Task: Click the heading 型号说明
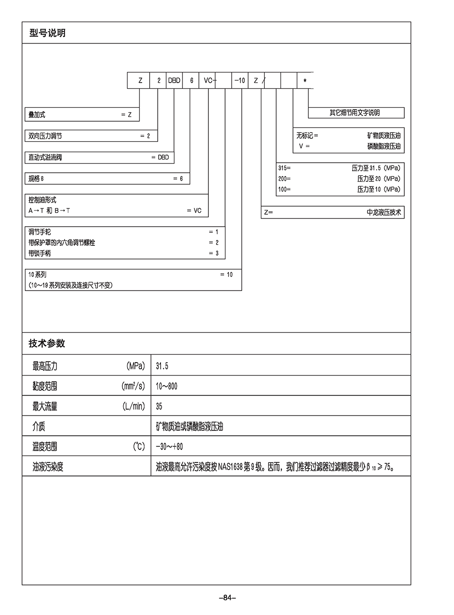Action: pos(47,33)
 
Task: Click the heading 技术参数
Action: pos(47,344)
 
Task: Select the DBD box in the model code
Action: pos(174,81)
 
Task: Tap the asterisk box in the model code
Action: pos(305,81)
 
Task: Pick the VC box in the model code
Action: pos(208,81)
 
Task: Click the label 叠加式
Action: pos(37,115)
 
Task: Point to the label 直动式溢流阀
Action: pos(45,157)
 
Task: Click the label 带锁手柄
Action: pos(40,253)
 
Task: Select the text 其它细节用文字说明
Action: pos(355,113)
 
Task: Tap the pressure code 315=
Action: pos(284,168)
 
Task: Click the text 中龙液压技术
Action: pos(384,212)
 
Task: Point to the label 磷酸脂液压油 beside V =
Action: pos(384,146)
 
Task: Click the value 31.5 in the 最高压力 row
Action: pos(162,366)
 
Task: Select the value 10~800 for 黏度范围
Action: pos(166,386)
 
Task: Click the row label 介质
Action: pos(39,427)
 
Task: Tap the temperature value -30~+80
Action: pos(169,447)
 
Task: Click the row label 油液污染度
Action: pos(48,467)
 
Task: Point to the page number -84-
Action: pos(227,598)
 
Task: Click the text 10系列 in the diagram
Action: pos(37,275)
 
